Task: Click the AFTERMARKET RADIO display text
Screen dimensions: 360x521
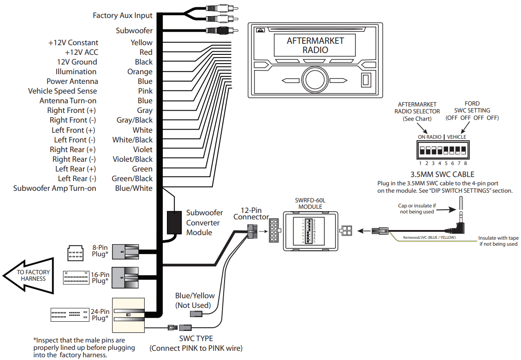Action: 315,45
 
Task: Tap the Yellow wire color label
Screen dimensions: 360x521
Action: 141,42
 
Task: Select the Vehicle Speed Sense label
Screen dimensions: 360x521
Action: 62,91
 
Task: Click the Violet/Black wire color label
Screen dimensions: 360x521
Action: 132,159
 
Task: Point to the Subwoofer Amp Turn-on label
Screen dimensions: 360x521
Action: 54,188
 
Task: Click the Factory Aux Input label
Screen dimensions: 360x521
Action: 122,15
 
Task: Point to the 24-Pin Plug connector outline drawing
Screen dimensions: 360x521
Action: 70,314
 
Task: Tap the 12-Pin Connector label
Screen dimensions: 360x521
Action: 251,213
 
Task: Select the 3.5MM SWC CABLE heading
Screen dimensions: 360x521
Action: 442,174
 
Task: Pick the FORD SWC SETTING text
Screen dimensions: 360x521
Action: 472,111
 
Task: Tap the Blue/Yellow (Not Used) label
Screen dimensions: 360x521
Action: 195,300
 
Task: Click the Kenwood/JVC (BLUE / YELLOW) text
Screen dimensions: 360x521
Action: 429,238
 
